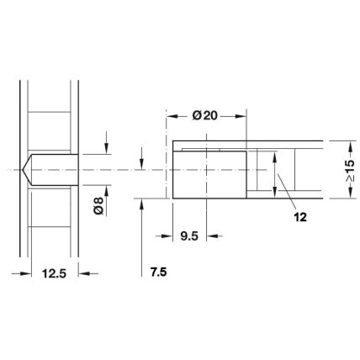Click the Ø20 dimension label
coord(204,115)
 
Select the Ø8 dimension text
coord(98,206)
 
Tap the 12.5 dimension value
coord(54,273)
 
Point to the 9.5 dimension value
coord(189,236)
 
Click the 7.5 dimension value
coord(158,272)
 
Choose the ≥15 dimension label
coord(350,171)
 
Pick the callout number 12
coord(300,217)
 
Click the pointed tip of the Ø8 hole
coord(22,170)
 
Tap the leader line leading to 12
coord(287,191)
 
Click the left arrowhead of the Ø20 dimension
coord(172,116)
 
